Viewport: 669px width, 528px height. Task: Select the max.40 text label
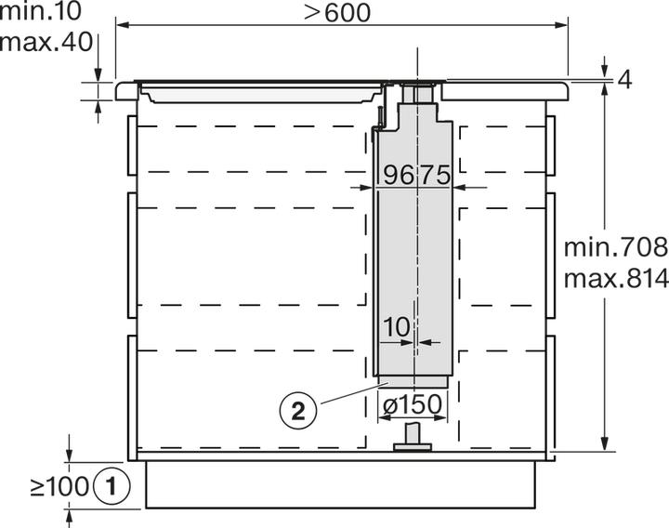39,42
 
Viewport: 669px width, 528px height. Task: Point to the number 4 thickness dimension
623,81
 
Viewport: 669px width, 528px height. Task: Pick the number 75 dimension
436,174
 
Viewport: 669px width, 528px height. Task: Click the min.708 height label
616,247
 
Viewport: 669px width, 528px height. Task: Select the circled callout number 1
111,484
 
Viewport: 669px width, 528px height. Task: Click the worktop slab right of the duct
506,90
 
